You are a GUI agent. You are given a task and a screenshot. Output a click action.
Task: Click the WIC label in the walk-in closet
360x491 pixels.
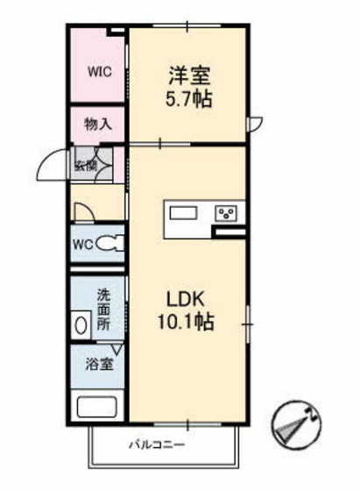(x=100, y=72)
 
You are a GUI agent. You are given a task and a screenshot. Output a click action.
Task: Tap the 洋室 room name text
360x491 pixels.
(x=189, y=75)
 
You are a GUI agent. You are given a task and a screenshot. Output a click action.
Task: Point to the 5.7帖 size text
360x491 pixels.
(x=188, y=98)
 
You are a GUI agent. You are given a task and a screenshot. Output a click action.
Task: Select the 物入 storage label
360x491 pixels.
(x=98, y=125)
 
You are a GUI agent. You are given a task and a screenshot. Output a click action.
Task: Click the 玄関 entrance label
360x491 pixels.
(x=85, y=165)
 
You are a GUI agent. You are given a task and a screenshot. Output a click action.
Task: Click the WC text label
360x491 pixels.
(x=83, y=245)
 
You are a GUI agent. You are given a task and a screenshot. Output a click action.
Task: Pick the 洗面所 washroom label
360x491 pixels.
(x=103, y=310)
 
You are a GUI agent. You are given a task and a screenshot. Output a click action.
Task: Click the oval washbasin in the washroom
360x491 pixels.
(x=81, y=325)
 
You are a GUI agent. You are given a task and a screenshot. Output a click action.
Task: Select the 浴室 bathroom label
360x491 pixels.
(x=99, y=364)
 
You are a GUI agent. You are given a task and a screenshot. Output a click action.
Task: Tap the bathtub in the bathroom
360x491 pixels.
(x=97, y=407)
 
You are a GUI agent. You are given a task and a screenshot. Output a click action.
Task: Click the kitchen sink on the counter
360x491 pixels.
(x=183, y=213)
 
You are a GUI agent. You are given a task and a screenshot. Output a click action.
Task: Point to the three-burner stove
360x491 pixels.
(x=225, y=214)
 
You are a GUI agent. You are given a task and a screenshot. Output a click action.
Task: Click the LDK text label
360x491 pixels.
(x=186, y=299)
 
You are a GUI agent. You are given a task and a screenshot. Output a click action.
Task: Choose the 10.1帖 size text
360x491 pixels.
(x=186, y=322)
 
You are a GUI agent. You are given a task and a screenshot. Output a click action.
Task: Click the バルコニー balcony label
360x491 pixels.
(x=157, y=445)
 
